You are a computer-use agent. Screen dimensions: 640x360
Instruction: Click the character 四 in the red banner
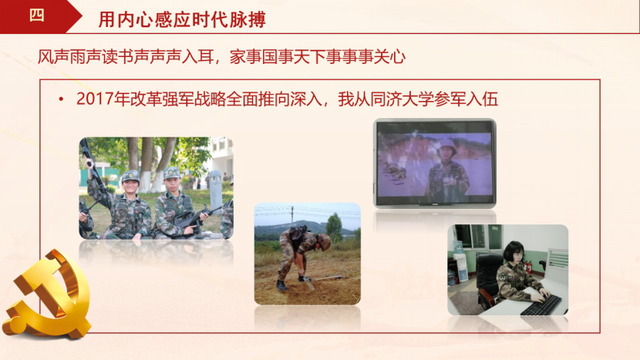(36, 15)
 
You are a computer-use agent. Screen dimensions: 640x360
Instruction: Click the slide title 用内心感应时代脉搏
(182, 19)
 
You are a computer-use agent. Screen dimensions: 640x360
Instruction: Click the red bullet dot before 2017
(61, 99)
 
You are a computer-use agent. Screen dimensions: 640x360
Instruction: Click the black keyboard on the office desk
(541, 305)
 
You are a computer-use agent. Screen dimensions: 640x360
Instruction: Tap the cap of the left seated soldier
(130, 177)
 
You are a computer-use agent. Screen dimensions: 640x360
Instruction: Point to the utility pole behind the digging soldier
(292, 216)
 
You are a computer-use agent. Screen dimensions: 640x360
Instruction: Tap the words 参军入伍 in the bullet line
(467, 99)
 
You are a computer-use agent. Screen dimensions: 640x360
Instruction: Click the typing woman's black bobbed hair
(514, 251)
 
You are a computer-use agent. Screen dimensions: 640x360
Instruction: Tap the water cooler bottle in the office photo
(457, 247)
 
